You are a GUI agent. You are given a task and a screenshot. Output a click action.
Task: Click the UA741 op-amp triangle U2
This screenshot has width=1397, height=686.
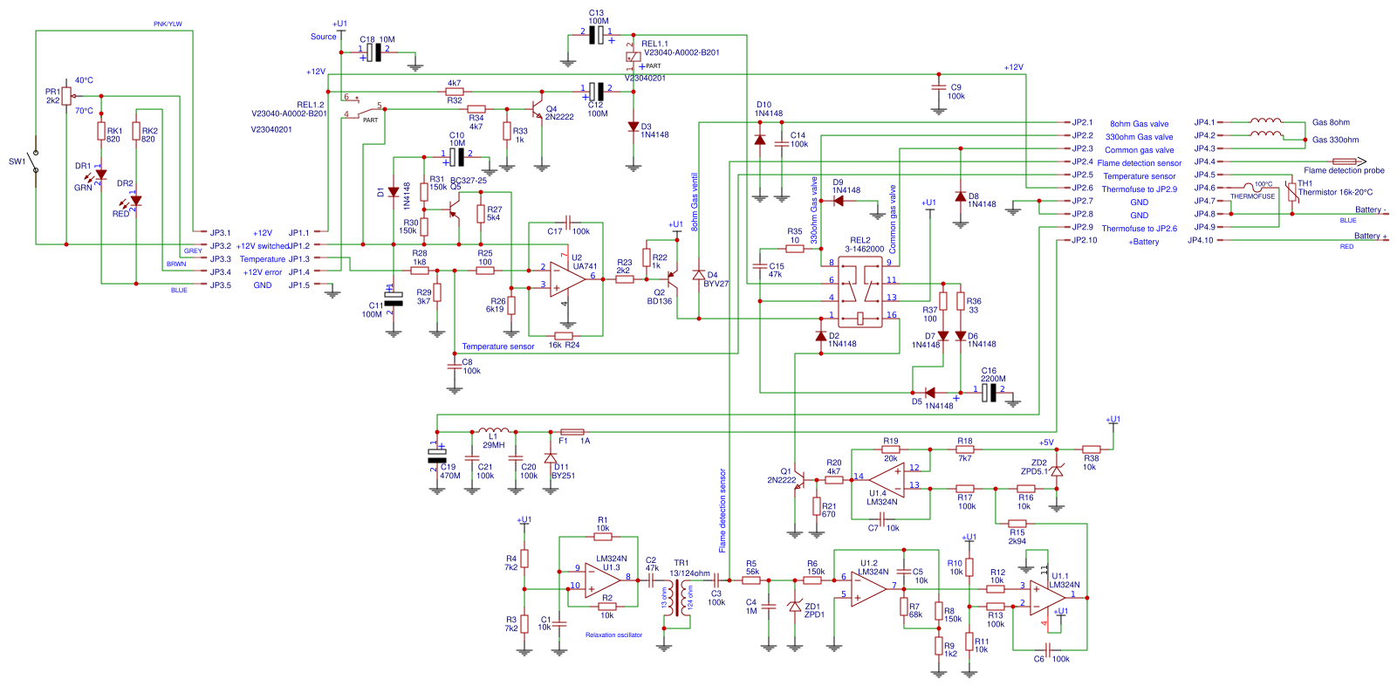click(x=568, y=278)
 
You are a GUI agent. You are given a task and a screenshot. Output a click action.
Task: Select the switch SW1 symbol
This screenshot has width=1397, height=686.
click(x=35, y=161)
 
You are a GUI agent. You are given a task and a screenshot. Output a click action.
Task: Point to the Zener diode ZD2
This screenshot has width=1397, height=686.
click(x=1057, y=471)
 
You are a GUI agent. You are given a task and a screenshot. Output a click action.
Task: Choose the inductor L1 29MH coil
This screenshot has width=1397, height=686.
click(x=494, y=431)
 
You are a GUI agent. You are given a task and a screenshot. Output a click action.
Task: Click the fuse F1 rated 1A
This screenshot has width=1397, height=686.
click(x=572, y=431)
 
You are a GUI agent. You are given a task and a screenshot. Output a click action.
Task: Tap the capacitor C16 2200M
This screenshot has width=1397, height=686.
click(x=989, y=393)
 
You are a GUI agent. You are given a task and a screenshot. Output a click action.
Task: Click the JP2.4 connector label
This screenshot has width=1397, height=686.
click(x=1082, y=161)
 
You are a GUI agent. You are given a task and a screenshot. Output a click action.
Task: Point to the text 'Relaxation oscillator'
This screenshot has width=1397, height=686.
click(x=613, y=635)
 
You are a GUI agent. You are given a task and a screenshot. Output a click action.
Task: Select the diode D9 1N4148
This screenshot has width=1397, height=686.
click(x=839, y=201)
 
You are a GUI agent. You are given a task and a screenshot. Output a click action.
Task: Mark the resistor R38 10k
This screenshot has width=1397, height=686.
click(x=1091, y=449)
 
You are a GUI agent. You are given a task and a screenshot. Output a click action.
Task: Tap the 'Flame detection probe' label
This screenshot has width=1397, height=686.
click(x=1344, y=170)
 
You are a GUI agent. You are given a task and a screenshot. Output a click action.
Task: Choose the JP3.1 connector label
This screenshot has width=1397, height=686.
click(x=220, y=233)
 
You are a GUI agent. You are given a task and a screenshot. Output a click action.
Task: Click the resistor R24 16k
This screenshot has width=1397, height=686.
click(x=564, y=335)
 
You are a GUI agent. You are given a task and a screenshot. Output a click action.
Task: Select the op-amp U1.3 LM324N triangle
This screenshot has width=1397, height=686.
click(x=602, y=581)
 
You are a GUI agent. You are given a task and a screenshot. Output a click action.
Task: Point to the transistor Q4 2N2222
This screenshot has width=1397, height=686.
click(x=538, y=110)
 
